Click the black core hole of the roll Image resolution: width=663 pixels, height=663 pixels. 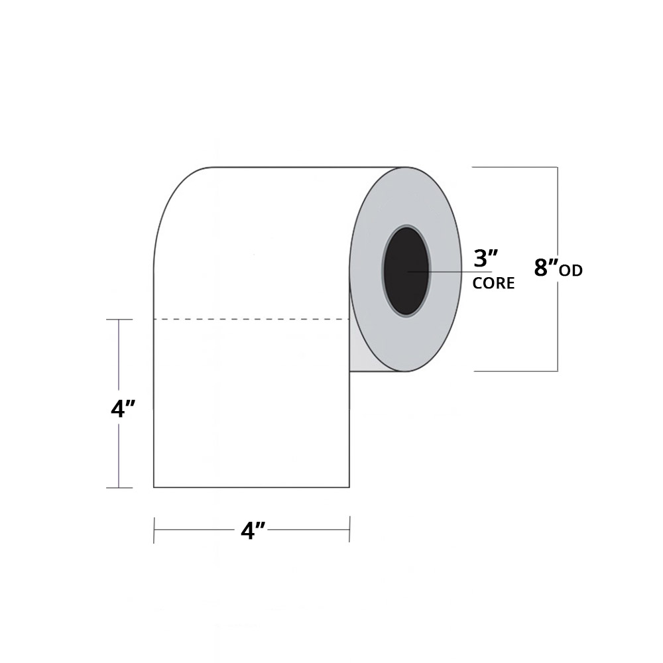pyautogui.click(x=406, y=271)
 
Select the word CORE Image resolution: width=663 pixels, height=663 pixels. pyautogui.click(x=493, y=283)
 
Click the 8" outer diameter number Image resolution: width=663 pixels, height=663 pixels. pyautogui.click(x=546, y=268)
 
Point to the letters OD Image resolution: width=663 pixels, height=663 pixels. pyautogui.click(x=571, y=271)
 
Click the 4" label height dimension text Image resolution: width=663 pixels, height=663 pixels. pyautogui.click(x=123, y=409)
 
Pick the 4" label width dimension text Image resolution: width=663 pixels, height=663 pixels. pyautogui.click(x=253, y=530)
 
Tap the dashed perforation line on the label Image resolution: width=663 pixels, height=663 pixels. pyautogui.click(x=251, y=320)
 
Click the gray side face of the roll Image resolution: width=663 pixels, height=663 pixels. pyautogui.click(x=406, y=269)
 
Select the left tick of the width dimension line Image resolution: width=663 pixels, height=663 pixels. pyautogui.click(x=154, y=530)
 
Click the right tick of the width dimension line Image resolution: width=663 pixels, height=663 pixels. pyautogui.click(x=349, y=529)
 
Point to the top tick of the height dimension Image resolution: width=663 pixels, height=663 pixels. pyautogui.click(x=119, y=320)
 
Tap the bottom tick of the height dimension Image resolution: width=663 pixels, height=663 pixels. pyautogui.click(x=119, y=487)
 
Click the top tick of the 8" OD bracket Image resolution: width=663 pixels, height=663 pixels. pyautogui.click(x=514, y=167)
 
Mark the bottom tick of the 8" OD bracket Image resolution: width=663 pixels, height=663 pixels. pyautogui.click(x=515, y=371)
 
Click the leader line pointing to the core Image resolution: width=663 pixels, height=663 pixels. pyautogui.click(x=450, y=271)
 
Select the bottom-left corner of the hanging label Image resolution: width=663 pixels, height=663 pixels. pyautogui.click(x=154, y=487)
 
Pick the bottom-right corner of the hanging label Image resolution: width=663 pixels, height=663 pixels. pyautogui.click(x=349, y=487)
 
